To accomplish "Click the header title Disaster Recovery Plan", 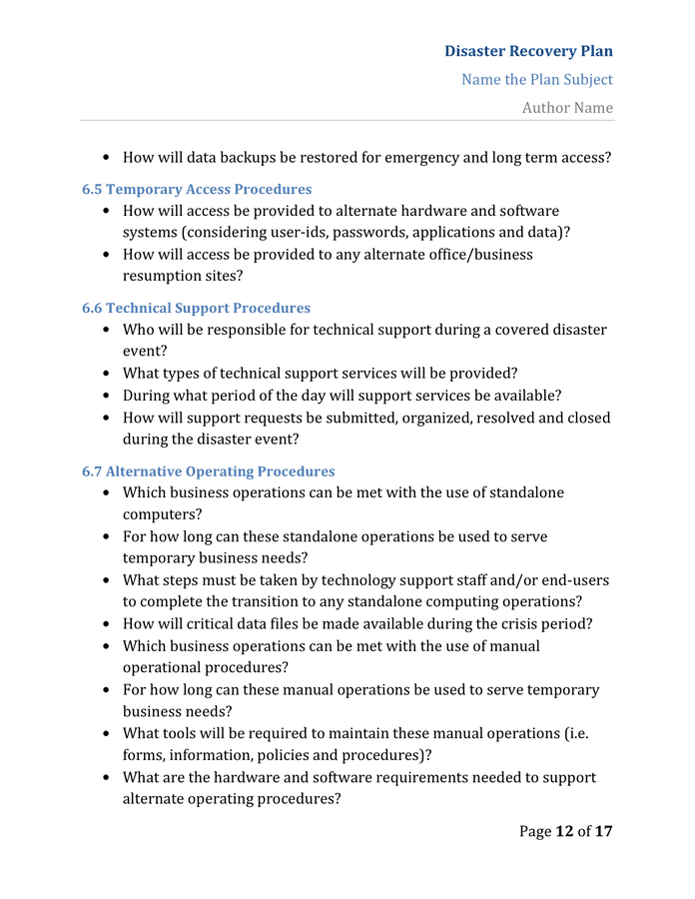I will (528, 51).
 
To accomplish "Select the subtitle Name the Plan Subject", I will (537, 79).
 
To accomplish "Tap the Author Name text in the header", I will (567, 107).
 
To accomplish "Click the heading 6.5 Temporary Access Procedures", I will (197, 189).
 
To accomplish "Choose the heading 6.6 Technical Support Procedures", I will (196, 308).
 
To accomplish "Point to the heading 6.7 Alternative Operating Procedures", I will (208, 470).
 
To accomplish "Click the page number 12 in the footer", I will (564, 830).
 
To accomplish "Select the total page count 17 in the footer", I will (603, 830).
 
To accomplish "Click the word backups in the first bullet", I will (257, 157).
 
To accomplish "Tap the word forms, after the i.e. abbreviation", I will (145, 755).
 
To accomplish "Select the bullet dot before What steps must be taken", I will (107, 580).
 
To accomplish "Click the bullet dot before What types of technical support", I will (107, 374).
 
